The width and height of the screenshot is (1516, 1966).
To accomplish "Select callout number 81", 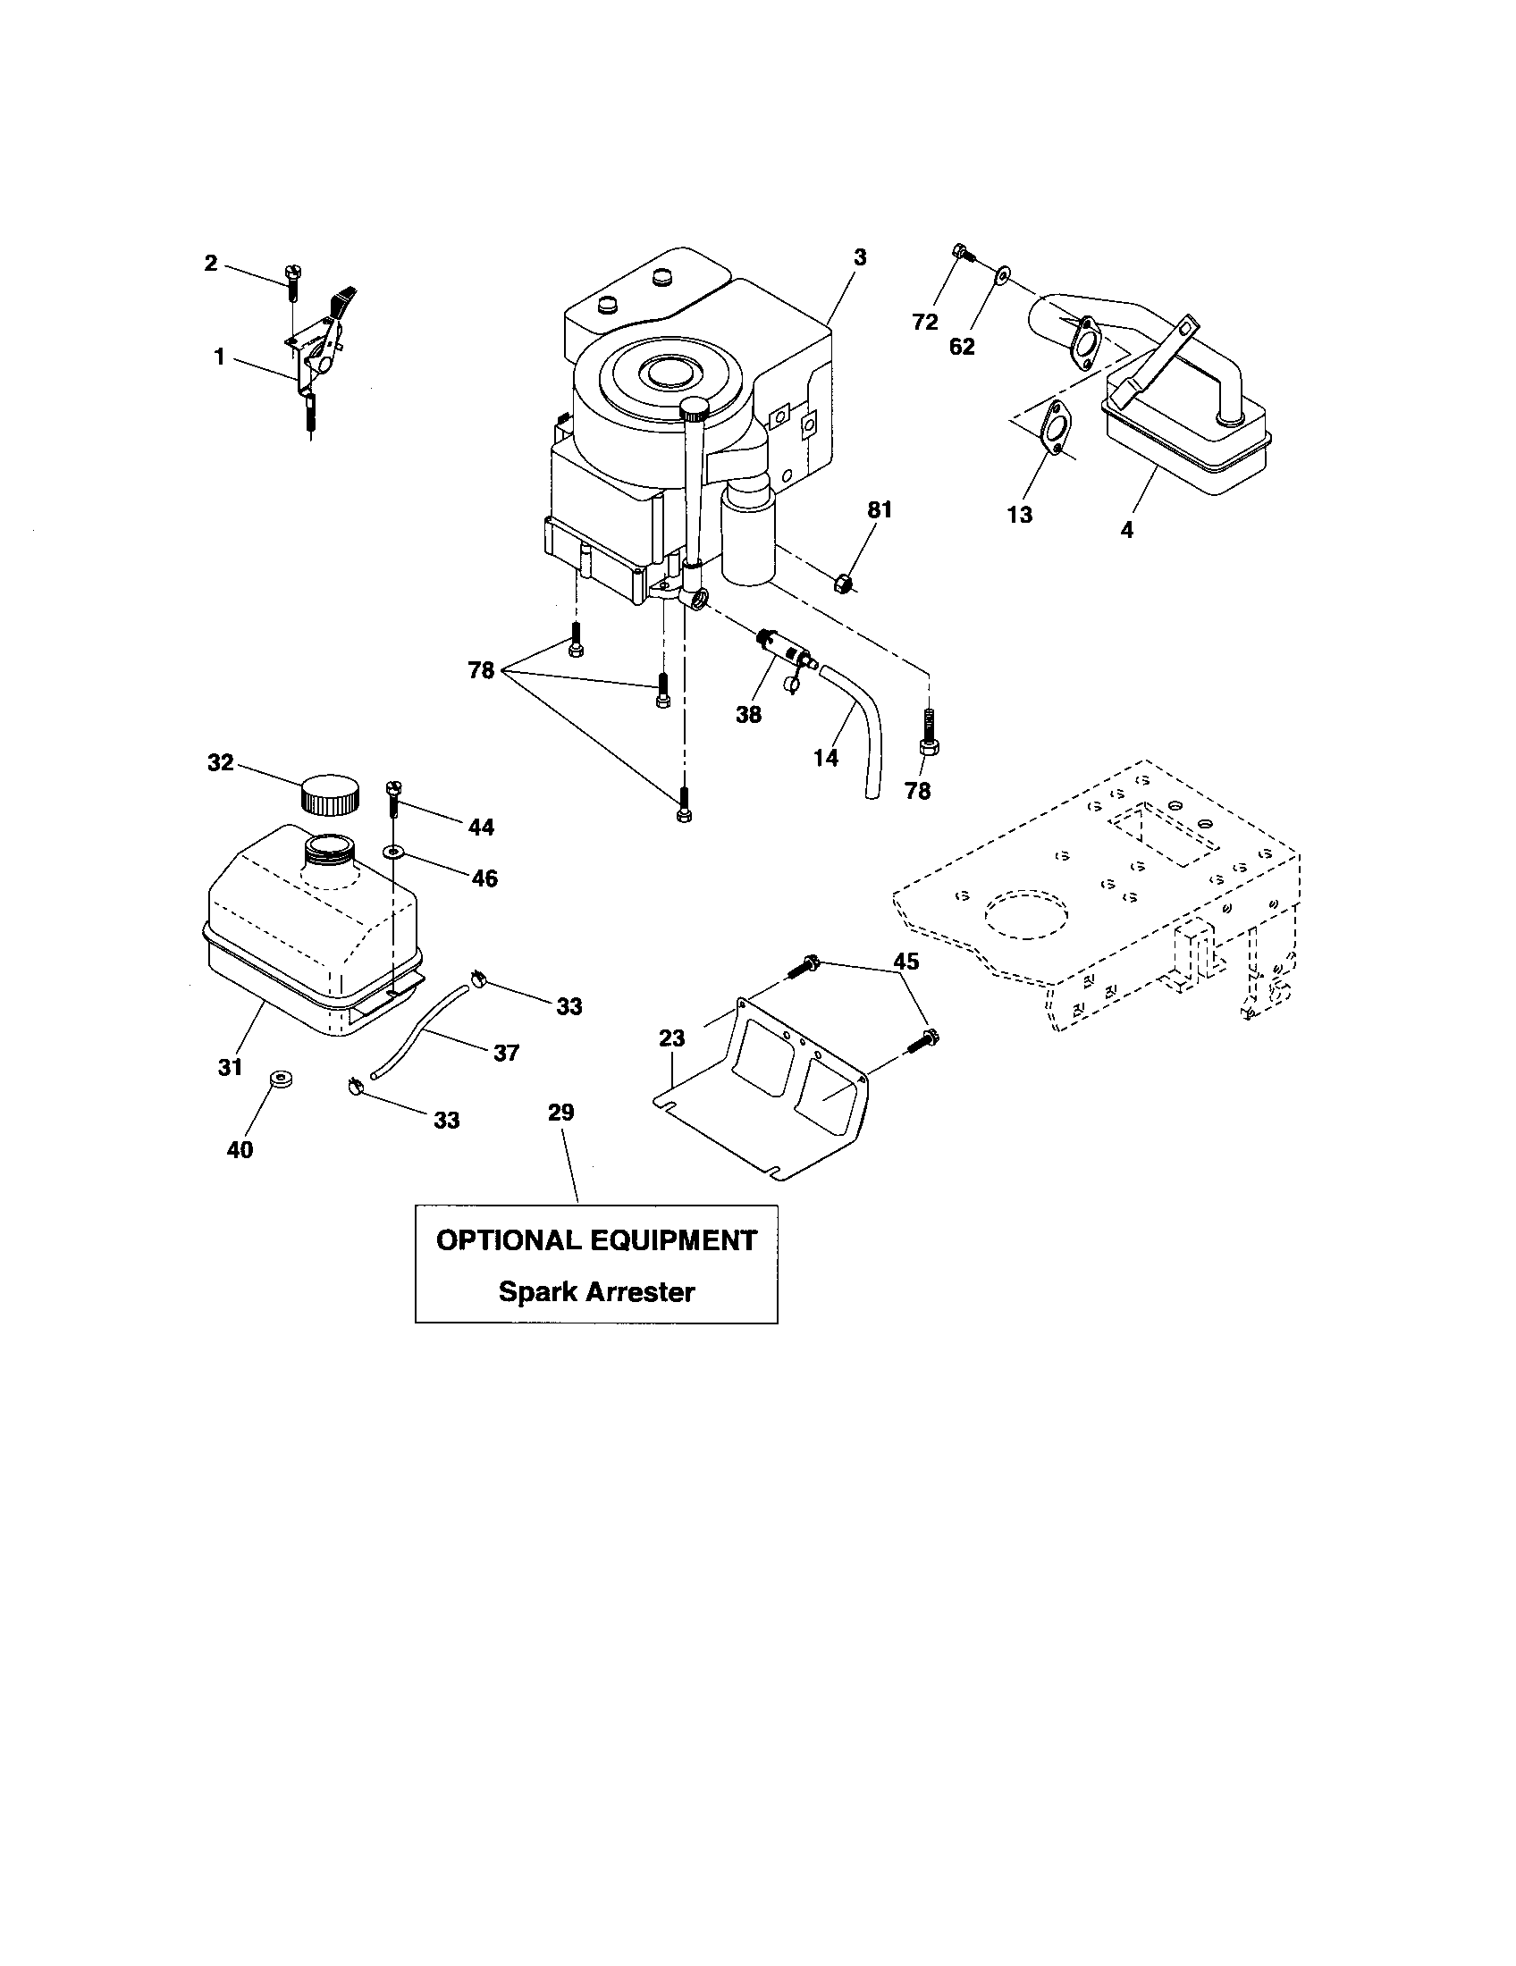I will click(x=879, y=509).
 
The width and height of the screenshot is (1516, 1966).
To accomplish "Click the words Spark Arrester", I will click(x=596, y=1292).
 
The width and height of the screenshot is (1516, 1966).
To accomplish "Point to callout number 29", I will click(x=560, y=1113).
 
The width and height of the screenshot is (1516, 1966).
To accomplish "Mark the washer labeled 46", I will click(x=393, y=850).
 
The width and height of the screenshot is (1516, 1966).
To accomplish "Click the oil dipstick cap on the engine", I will click(x=697, y=410).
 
